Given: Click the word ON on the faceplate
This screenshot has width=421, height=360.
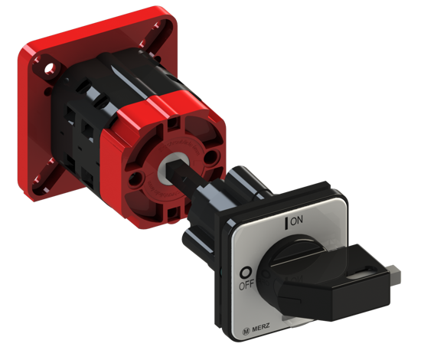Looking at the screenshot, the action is (x=296, y=221).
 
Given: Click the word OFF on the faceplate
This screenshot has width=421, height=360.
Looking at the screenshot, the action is (x=246, y=285).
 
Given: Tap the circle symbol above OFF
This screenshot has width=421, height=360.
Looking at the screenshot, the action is (x=245, y=273).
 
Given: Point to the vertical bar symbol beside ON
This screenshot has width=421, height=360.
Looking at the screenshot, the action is (x=286, y=224).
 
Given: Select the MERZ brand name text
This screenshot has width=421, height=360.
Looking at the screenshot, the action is (x=261, y=328).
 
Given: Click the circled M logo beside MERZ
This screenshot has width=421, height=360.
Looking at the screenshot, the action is (x=246, y=331).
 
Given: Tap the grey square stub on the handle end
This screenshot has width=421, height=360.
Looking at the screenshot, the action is (x=395, y=274).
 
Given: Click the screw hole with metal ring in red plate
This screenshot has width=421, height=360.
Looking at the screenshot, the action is (x=50, y=68).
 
